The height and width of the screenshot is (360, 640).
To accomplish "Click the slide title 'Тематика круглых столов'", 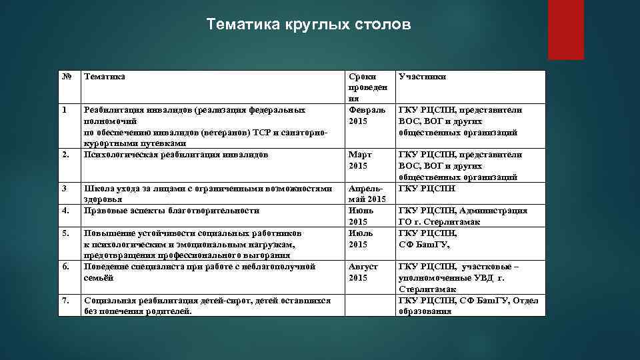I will click(309, 25).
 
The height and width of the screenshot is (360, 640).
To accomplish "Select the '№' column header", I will click(67, 77).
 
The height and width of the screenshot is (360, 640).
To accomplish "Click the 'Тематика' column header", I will click(104, 77).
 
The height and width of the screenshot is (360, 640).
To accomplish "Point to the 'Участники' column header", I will click(422, 77).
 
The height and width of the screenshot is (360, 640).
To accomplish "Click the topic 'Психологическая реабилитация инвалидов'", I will click(175, 155).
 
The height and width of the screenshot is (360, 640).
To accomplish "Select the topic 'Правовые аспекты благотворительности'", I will click(171, 211).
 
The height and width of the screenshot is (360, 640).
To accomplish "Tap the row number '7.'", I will click(66, 300).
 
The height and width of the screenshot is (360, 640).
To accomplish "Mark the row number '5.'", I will click(66, 233).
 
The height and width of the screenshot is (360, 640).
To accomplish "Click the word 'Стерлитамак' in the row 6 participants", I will click(427, 289).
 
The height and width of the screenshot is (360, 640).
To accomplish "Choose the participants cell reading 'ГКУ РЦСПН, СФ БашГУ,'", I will click(427, 239).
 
